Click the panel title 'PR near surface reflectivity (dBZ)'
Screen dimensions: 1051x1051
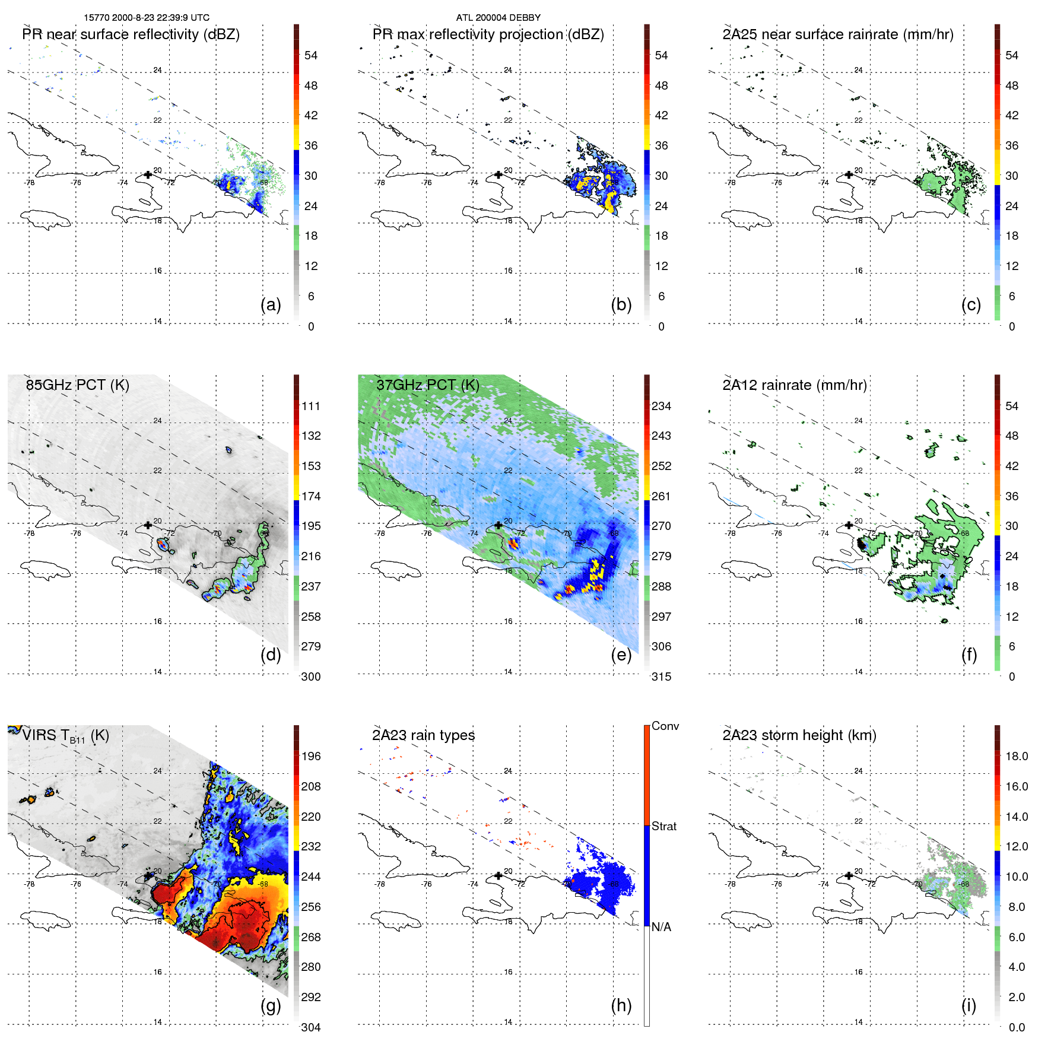pos(131,34)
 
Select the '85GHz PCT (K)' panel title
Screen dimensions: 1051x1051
pos(77,385)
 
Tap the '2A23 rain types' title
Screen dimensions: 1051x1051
pos(423,735)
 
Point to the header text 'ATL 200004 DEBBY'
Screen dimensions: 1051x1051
pos(498,18)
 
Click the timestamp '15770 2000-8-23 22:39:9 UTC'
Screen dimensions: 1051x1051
pos(146,18)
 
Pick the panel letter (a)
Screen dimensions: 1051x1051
pos(271,305)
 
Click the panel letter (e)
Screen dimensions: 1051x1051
pos(621,655)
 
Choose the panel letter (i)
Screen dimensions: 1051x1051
pos(969,1005)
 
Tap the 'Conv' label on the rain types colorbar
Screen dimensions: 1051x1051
pos(665,726)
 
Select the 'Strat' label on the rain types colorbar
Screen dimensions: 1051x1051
pos(663,827)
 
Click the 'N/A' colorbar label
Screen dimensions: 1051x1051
pos(661,927)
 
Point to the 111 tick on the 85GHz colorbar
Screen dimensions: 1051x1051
pos(310,407)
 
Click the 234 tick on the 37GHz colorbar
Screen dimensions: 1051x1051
pos(661,407)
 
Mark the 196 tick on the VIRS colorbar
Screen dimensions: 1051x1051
pos(310,757)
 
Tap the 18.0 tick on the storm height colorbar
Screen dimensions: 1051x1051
pos(1016,757)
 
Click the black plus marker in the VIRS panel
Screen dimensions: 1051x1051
pos(148,876)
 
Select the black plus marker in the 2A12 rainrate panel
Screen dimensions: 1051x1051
pos(849,525)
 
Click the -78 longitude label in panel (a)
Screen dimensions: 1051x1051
pos(29,183)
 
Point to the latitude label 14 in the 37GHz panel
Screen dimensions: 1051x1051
pos(508,672)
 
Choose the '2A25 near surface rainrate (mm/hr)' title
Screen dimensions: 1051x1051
pos(837,34)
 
